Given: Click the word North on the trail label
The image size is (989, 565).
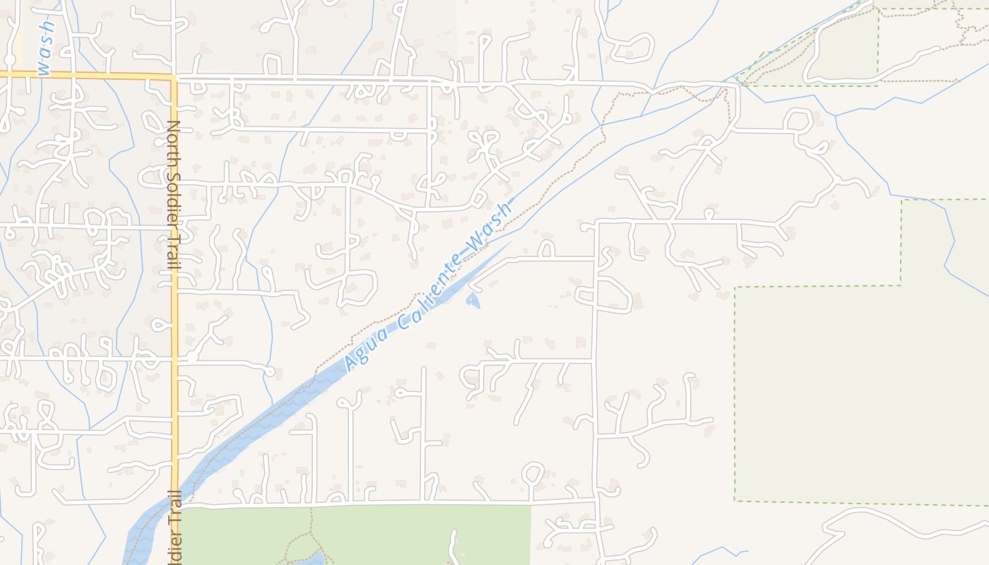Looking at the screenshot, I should pos(174,139).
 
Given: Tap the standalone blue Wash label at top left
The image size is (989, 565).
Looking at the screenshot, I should pos(45,48).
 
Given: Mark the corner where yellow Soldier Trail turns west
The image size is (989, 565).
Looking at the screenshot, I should pos(173,76).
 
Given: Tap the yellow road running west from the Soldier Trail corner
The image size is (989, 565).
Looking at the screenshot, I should pos(85,73).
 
